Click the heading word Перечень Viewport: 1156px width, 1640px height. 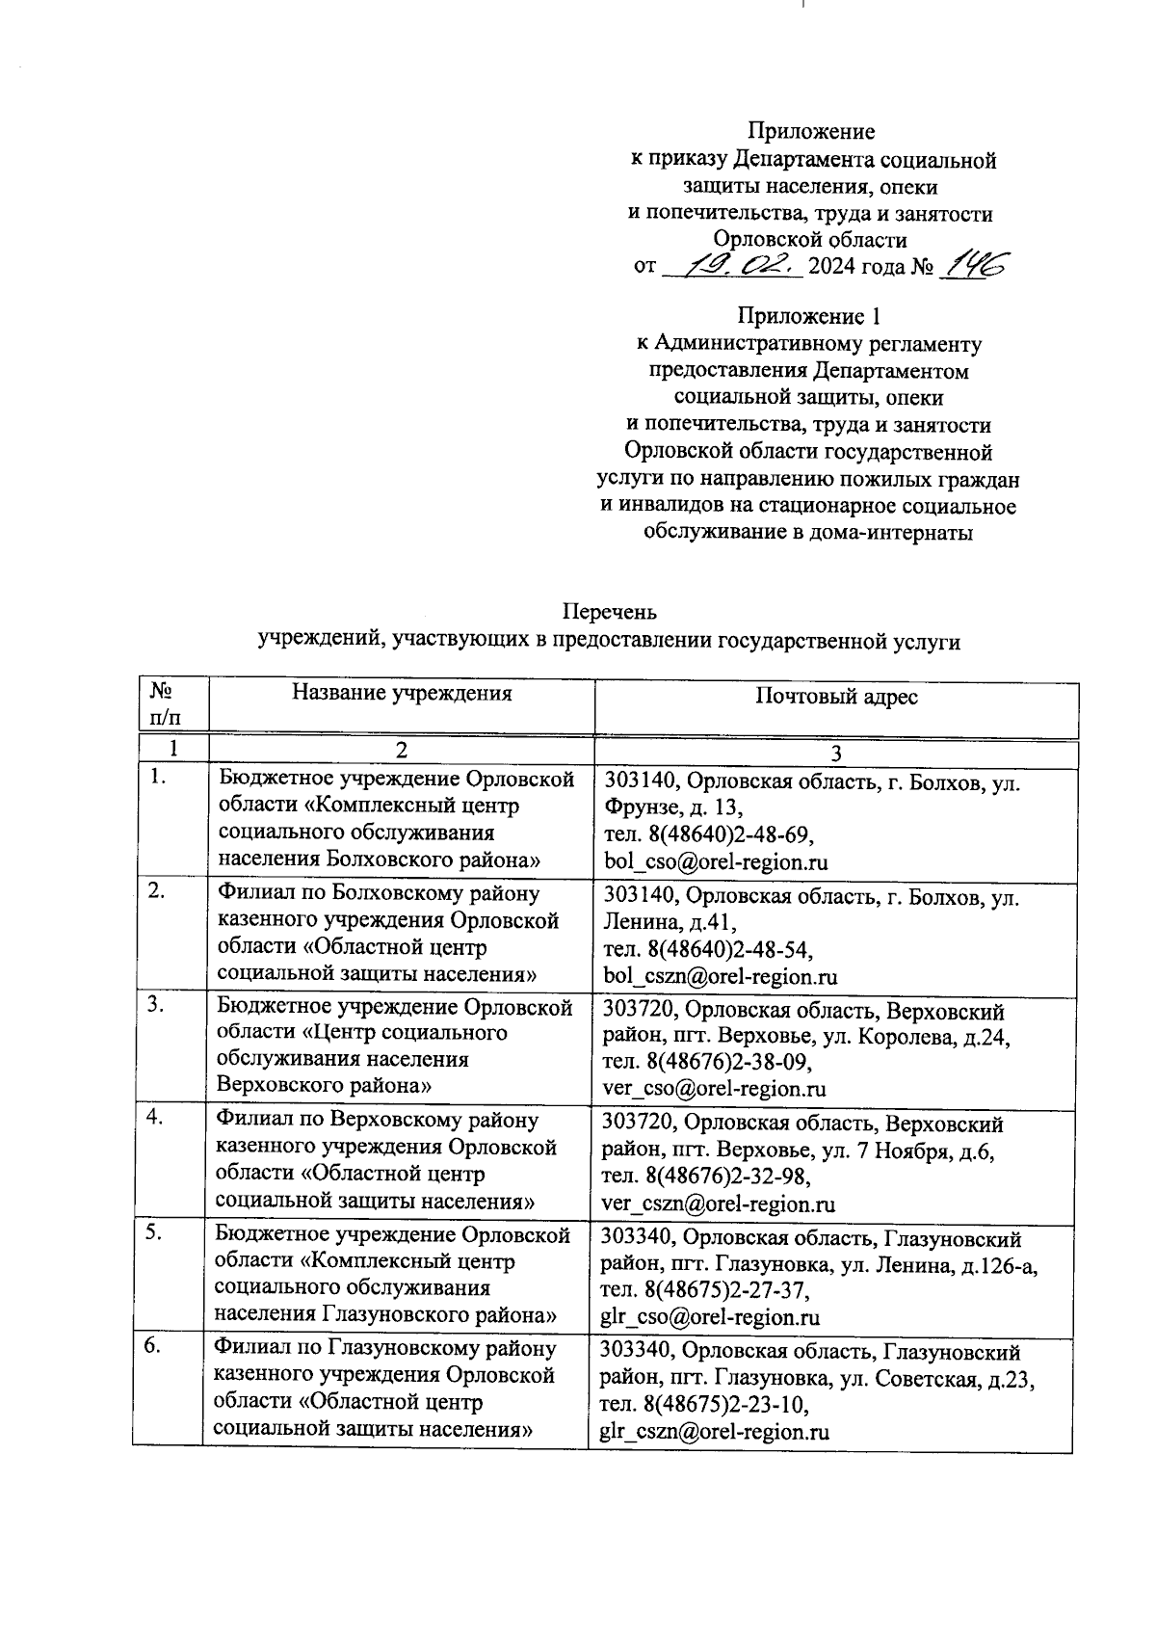pos(609,612)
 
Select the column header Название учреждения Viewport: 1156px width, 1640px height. pos(402,693)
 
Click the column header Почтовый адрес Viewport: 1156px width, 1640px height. pos(836,697)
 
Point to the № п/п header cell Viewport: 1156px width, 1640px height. pos(165,704)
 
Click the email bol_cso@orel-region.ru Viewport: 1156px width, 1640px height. pos(716,862)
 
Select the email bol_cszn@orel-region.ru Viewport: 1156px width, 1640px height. pos(720,976)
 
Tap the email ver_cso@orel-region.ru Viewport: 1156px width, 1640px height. pos(714,1090)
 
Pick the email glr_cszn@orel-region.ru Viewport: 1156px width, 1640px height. pos(715,1432)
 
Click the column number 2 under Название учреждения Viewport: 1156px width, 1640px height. pos(402,751)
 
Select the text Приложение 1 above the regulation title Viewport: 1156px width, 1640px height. pos(808,316)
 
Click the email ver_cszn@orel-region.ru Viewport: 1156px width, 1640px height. pos(718,1204)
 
